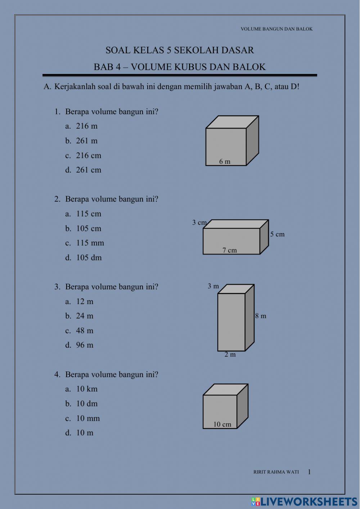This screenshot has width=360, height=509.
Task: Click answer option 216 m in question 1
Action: (86, 126)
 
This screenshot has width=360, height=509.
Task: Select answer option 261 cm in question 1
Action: (88, 170)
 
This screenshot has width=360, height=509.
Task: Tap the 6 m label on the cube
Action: (225, 162)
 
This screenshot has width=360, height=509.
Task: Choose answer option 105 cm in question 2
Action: (88, 228)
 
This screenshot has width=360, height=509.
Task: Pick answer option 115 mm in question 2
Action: (90, 243)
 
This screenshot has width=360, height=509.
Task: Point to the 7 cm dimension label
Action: (229, 250)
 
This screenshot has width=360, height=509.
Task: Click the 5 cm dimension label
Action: (277, 234)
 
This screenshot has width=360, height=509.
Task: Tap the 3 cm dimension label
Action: (199, 223)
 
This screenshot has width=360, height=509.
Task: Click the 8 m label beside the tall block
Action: (261, 316)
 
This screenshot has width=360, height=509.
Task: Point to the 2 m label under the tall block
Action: (230, 354)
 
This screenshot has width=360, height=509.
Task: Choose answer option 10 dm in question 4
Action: (86, 404)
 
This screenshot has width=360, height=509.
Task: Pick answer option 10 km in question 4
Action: (86, 389)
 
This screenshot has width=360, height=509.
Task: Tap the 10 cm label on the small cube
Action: (222, 424)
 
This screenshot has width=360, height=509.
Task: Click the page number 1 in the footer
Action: (309, 472)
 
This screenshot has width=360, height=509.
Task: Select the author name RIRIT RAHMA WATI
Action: (276, 472)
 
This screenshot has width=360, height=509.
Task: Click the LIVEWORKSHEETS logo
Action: (304, 501)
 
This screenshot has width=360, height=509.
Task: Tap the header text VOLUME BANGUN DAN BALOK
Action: (276, 29)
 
